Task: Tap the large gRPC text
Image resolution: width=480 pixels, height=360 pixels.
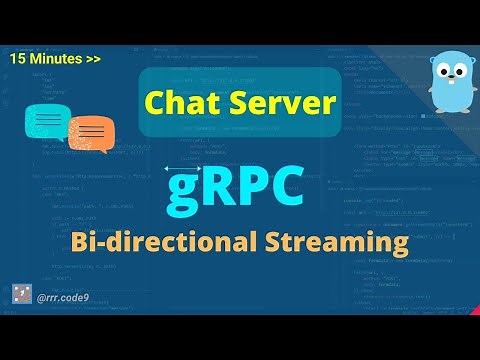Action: pos(239,188)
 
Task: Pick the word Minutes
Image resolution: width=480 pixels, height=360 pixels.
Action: pos(55,59)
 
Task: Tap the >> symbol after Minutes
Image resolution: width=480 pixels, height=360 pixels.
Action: pos(92,59)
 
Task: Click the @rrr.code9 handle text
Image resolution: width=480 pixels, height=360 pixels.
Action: pos(65,295)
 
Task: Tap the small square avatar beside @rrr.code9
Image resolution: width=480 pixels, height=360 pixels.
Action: pos(22,294)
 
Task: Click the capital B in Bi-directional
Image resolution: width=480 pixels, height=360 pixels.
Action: pos(81,242)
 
